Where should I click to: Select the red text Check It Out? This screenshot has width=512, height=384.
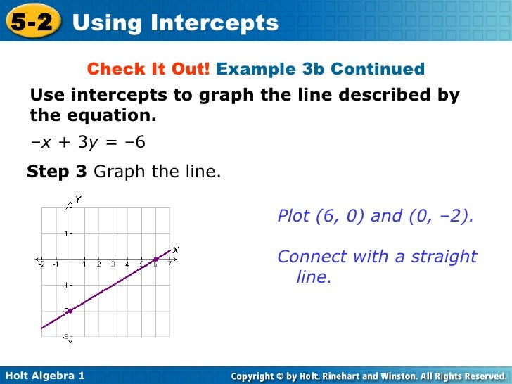(148, 69)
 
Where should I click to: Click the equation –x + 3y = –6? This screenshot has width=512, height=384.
(88, 142)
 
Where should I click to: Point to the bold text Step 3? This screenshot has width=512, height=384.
(57, 172)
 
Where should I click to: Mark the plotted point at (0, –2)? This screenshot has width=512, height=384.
(70, 310)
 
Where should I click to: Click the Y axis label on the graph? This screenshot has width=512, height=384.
(78, 200)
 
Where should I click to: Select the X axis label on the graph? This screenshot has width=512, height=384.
(175, 249)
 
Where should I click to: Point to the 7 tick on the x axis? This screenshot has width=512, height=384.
(169, 264)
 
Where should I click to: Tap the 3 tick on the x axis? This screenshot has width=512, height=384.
(113, 264)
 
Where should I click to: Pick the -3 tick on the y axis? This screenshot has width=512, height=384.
(64, 337)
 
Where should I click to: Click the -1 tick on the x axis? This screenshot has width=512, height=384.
(56, 264)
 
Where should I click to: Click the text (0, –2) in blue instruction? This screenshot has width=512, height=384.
(441, 216)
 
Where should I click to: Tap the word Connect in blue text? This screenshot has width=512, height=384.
(307, 257)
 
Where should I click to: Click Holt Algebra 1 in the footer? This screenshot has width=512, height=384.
(44, 376)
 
